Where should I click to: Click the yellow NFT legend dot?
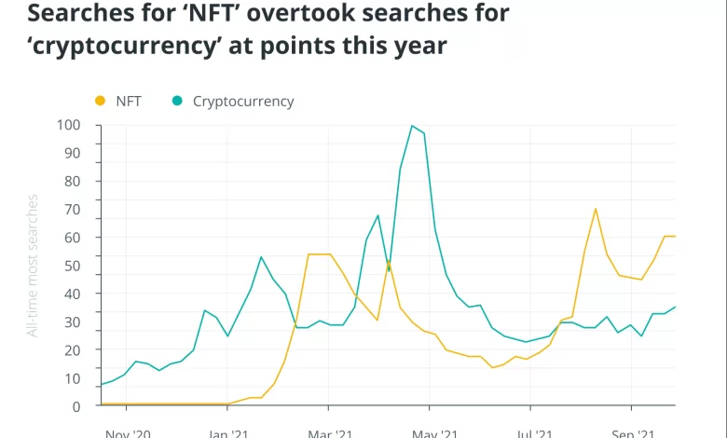[x=101, y=101]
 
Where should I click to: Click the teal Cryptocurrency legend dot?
[x=177, y=101]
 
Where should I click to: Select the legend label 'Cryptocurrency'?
[x=243, y=101]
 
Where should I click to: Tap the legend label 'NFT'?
[x=129, y=101]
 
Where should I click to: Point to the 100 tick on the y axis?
[x=68, y=125]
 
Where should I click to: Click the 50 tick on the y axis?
[x=72, y=266]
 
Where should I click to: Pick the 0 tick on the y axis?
[x=75, y=406]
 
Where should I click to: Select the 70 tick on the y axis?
[x=72, y=210]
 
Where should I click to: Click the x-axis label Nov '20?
[x=128, y=433]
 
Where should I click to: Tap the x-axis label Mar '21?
[x=329, y=433]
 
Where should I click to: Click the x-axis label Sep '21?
[x=631, y=433]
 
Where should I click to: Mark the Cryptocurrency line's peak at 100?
[x=412, y=126]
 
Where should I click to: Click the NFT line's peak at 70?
[x=596, y=209]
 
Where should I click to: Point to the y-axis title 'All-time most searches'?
[x=33, y=266]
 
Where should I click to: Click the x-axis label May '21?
[x=433, y=433]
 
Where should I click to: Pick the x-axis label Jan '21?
[x=227, y=433]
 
